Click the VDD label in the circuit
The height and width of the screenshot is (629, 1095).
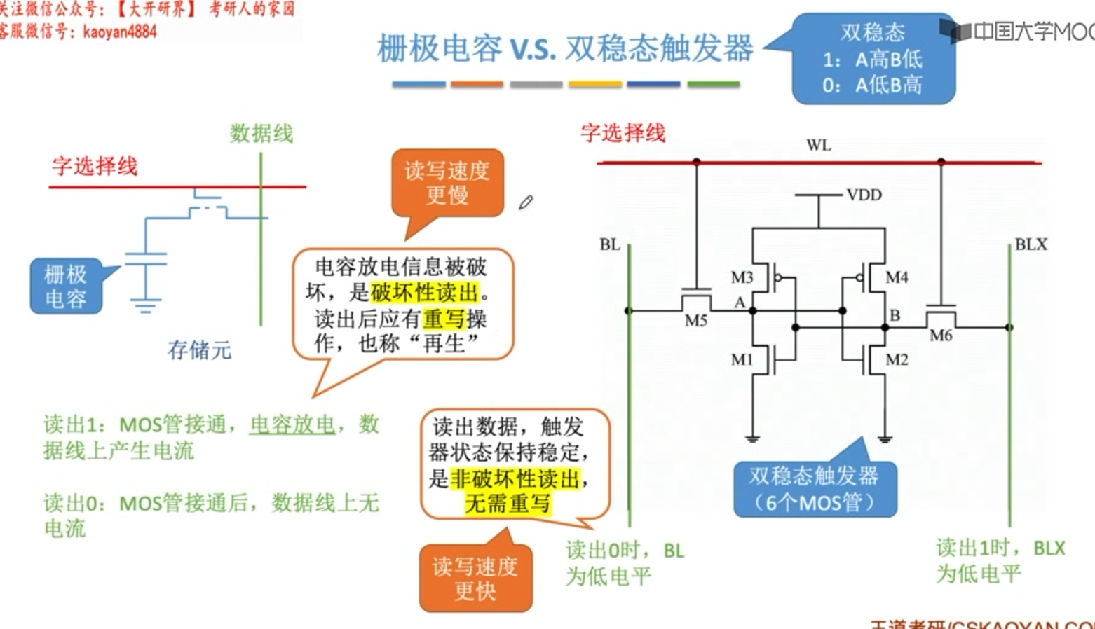(x=864, y=195)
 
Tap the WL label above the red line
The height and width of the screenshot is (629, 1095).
(x=818, y=146)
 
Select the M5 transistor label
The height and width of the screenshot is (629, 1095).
(x=695, y=321)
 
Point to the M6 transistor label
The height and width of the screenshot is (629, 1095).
(x=941, y=336)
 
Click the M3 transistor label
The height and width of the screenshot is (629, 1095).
(x=742, y=277)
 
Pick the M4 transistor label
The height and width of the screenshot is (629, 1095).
(x=897, y=277)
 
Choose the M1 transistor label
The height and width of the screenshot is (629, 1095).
(x=742, y=359)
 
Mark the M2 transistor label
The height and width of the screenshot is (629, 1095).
(x=897, y=359)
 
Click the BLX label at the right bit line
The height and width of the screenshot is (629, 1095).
(x=1031, y=244)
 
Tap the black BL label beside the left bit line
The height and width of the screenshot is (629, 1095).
(x=609, y=244)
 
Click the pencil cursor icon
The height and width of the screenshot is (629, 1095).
(x=526, y=202)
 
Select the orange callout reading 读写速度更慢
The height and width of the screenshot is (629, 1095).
(x=447, y=183)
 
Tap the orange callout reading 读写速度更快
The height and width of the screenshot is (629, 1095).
(x=475, y=579)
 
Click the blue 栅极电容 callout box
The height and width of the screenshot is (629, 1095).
(x=66, y=286)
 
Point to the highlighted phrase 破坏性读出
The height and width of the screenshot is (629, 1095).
(x=424, y=293)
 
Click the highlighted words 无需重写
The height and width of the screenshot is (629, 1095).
(x=508, y=503)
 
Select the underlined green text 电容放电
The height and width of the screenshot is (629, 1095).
(x=292, y=424)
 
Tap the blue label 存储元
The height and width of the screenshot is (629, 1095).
(x=199, y=350)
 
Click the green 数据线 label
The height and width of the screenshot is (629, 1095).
(x=261, y=133)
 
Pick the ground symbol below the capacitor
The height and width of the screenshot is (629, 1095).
(x=145, y=305)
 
